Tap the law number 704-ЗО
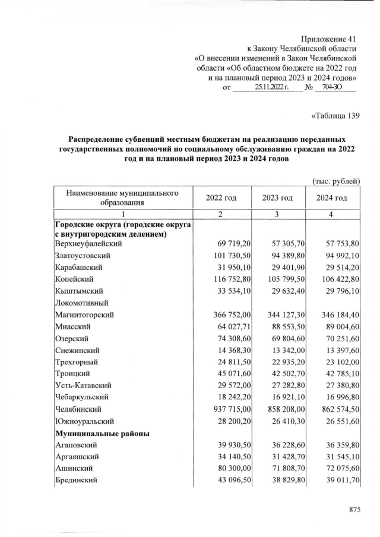335,87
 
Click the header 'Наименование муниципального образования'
123,198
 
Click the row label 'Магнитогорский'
84,314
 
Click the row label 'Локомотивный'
80,303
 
